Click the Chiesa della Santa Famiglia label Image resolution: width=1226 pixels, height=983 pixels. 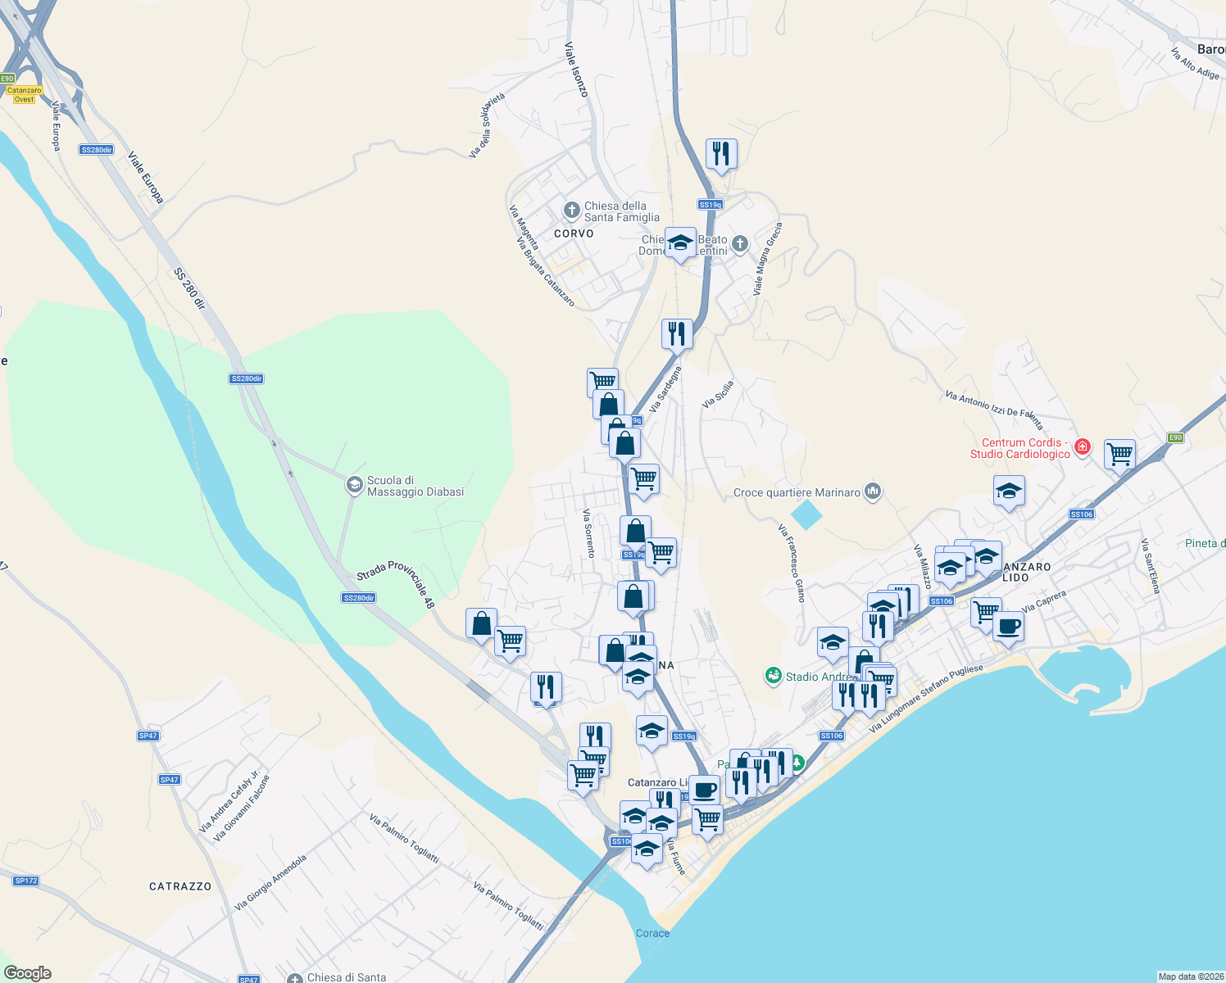(x=621, y=211)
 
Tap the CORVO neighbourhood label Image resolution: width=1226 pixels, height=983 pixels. (x=574, y=233)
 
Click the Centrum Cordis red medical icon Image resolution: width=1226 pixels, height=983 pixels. (x=1083, y=446)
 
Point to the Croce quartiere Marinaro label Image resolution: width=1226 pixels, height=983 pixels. (x=797, y=492)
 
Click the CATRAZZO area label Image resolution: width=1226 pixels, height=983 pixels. (x=180, y=886)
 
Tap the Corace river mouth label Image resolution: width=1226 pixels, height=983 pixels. (x=652, y=933)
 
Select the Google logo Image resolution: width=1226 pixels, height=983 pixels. (x=28, y=973)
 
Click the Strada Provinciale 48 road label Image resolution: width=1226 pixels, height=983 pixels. (x=396, y=583)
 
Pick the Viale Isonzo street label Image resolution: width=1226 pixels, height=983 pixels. (x=576, y=70)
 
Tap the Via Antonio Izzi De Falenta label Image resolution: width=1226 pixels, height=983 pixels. (x=994, y=410)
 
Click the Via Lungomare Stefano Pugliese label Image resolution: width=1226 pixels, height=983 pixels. (x=925, y=699)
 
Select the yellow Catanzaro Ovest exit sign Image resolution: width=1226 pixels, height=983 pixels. (x=24, y=95)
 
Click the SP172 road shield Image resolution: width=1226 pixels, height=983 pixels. (x=25, y=881)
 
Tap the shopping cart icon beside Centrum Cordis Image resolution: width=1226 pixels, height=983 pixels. (x=1119, y=453)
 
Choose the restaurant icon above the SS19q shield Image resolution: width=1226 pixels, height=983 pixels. (x=720, y=153)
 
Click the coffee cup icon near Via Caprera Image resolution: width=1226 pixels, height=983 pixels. (x=1008, y=627)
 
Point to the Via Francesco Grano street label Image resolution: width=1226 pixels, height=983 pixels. (x=792, y=564)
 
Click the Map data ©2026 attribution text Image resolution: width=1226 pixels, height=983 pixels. (x=1190, y=976)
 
